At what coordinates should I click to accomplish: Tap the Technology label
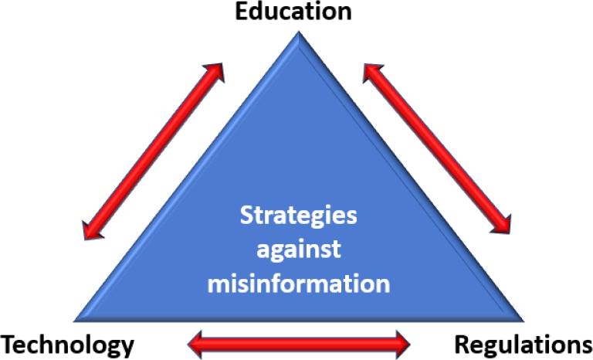coord(67,344)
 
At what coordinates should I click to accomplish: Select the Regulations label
coord(522,344)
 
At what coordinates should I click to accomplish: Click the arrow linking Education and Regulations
coord(436,149)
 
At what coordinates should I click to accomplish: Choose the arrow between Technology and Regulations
coord(301,340)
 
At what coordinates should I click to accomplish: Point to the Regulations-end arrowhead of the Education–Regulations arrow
coord(503,225)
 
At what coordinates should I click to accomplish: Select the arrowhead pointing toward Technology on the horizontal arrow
coord(199,340)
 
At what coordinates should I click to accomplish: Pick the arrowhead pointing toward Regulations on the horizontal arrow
coord(402,340)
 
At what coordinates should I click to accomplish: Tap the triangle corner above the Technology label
coord(80,317)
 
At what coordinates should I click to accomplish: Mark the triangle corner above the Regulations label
coord(519,317)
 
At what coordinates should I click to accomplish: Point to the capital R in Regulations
coord(461,344)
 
